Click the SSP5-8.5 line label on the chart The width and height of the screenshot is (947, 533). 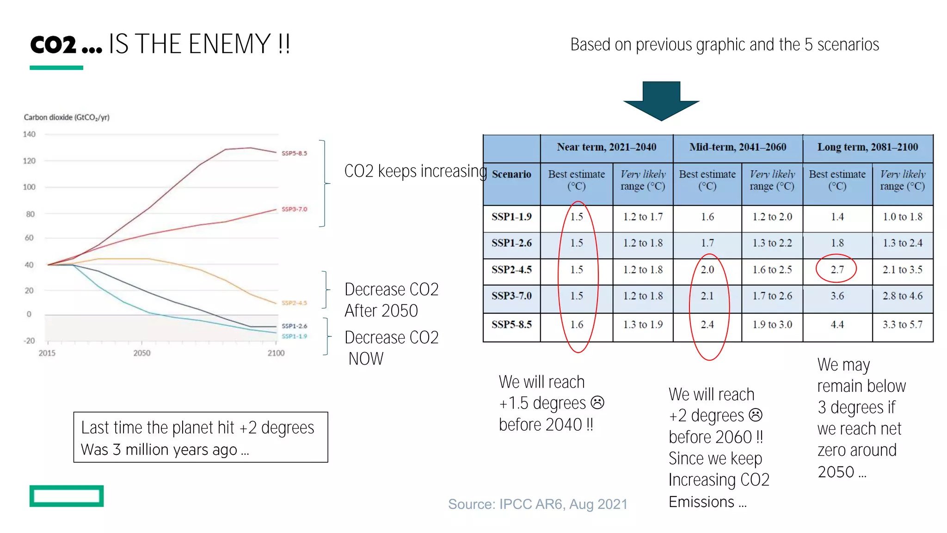[x=294, y=153]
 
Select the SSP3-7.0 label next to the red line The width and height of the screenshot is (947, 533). [x=294, y=209]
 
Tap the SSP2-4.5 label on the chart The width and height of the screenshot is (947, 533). [x=294, y=303]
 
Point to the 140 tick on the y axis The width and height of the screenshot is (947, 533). [x=29, y=134]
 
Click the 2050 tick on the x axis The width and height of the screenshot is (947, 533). [x=141, y=353]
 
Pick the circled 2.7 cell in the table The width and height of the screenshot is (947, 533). [x=836, y=269]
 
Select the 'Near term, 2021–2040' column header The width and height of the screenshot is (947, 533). [x=606, y=147]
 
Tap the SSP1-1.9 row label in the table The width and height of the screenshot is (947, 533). [x=511, y=217]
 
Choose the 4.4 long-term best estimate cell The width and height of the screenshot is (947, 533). [x=837, y=324]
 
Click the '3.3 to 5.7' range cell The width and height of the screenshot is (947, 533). [x=902, y=324]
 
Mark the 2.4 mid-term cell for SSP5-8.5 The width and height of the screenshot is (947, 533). [x=707, y=324]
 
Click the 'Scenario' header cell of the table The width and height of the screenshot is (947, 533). [x=511, y=174]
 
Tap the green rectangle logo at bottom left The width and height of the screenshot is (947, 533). [x=67, y=496]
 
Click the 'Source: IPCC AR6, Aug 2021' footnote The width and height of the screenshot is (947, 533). [x=537, y=504]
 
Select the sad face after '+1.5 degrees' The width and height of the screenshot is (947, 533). [x=597, y=403]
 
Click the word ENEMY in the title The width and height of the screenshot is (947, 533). [x=229, y=44]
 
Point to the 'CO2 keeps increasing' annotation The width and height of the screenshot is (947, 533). [x=415, y=171]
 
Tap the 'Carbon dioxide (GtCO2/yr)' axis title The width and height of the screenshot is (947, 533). [x=67, y=118]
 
